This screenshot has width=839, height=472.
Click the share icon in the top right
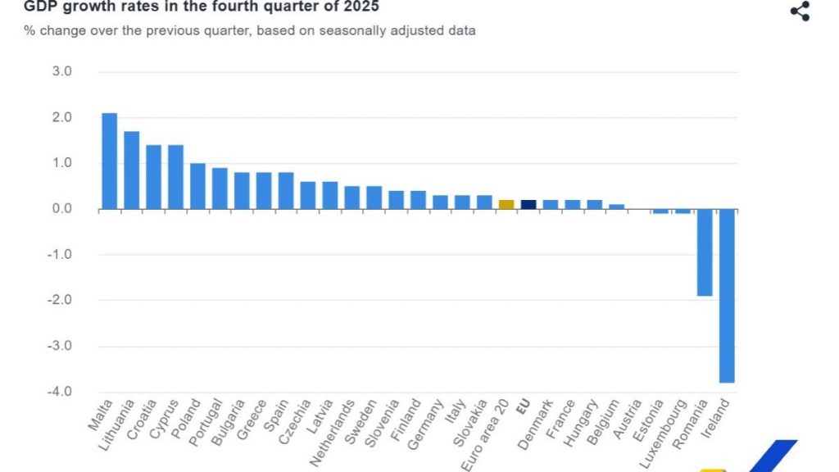(799, 11)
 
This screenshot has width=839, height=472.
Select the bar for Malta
(109, 161)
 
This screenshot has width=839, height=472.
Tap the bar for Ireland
(726, 296)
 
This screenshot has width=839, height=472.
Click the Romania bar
(704, 252)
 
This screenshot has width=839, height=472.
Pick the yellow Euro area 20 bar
(506, 205)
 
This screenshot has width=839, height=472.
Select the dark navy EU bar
(528, 205)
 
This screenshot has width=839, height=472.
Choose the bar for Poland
(197, 186)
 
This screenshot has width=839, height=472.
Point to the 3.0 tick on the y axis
(62, 72)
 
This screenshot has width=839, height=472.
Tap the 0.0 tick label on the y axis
(62, 209)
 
